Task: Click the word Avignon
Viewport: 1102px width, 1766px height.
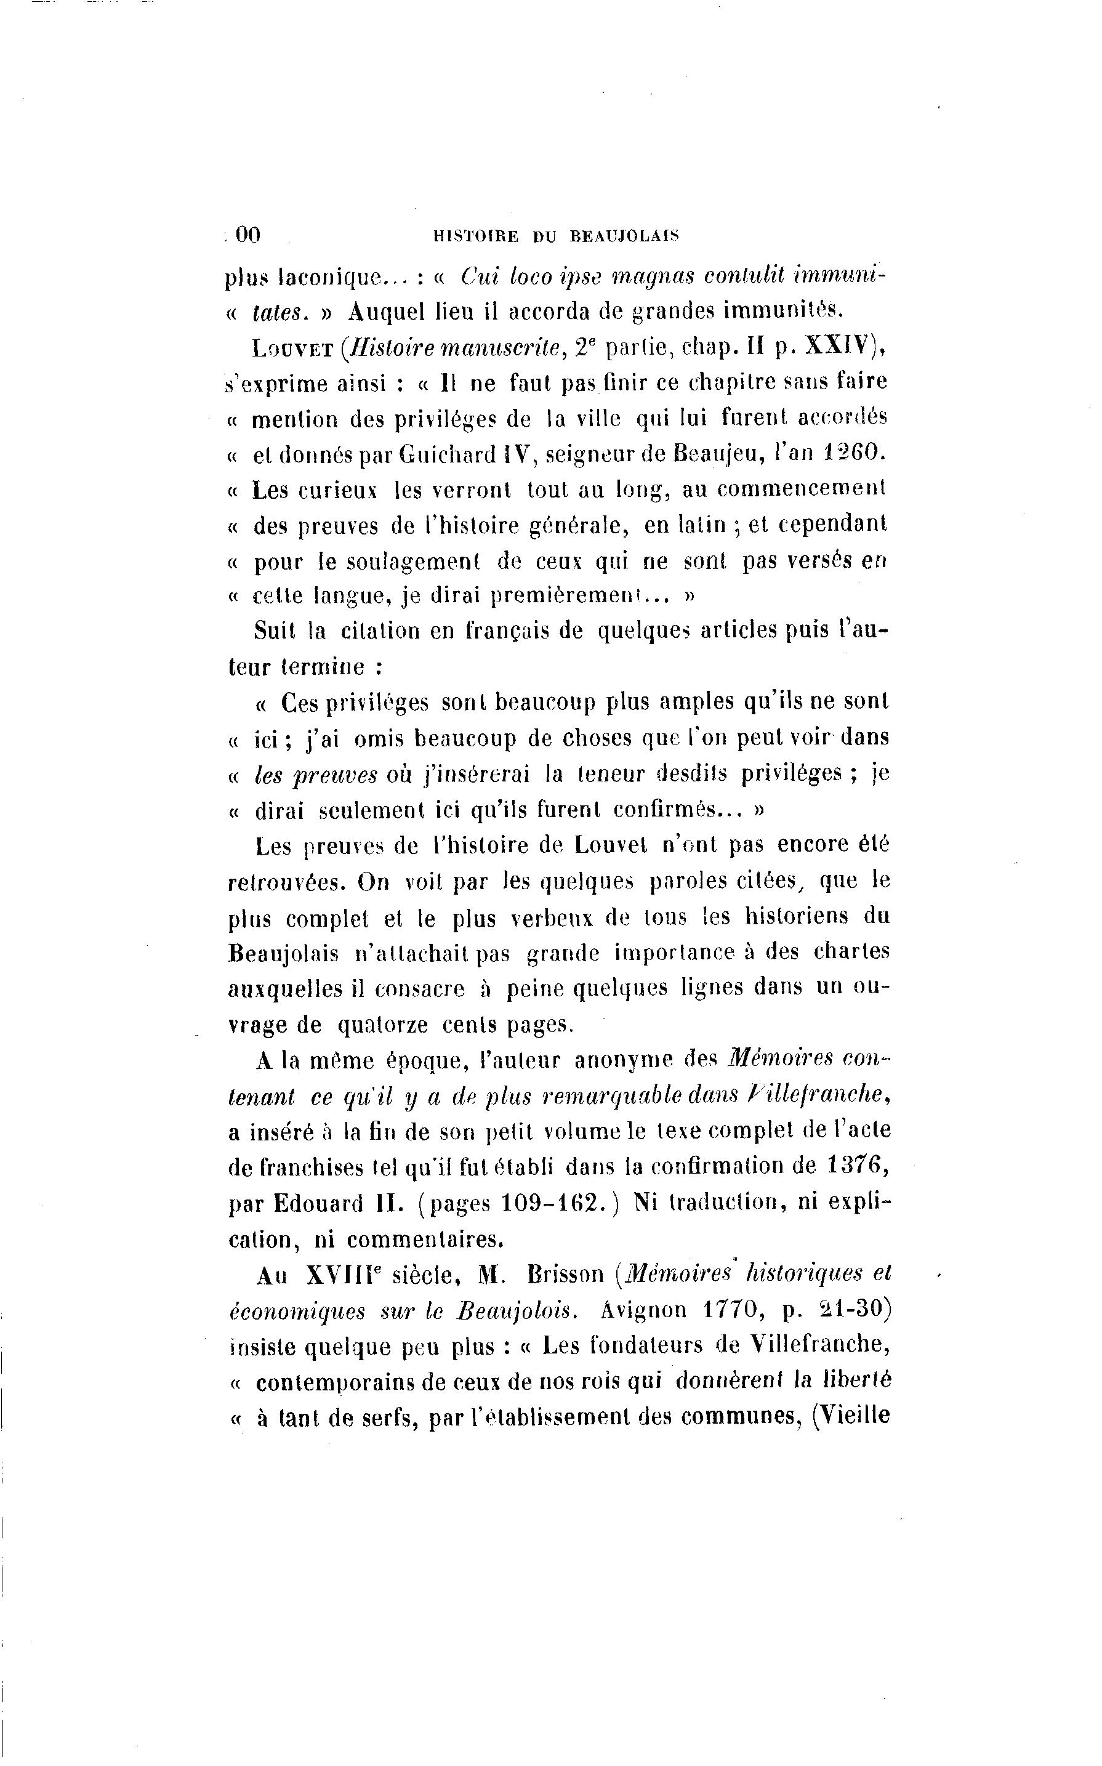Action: tap(645, 1310)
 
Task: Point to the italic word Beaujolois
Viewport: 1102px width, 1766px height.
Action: tap(517, 1310)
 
